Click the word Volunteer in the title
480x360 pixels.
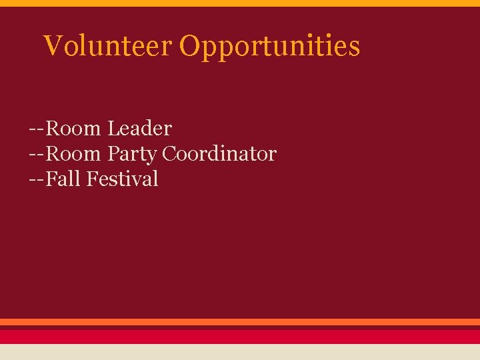pyautogui.click(x=107, y=46)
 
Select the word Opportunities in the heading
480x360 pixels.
pyautogui.click(x=269, y=47)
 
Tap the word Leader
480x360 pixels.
pyautogui.click(x=139, y=128)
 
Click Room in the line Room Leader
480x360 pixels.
pyautogui.click(x=73, y=128)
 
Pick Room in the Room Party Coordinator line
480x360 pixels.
pyautogui.click(x=73, y=154)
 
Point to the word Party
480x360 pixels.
pyautogui.click(x=132, y=154)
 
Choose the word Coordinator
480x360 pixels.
pyautogui.click(x=219, y=154)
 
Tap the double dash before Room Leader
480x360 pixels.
pyautogui.click(x=37, y=128)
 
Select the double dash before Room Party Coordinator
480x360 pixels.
pyautogui.click(x=37, y=154)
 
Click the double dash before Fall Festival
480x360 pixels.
pyautogui.click(x=37, y=179)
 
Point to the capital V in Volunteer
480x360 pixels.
pyautogui.click(x=53, y=46)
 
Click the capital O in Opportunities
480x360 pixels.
pyautogui.click(x=190, y=46)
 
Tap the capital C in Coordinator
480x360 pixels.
pyautogui.click(x=170, y=154)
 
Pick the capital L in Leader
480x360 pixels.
pyautogui.click(x=112, y=128)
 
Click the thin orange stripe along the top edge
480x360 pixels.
pyautogui.click(x=240, y=3)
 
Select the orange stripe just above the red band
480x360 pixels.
pyautogui.click(x=240, y=322)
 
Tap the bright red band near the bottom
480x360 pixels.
pyautogui.click(x=240, y=336)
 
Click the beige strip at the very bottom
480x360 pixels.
pyautogui.click(x=240, y=352)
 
